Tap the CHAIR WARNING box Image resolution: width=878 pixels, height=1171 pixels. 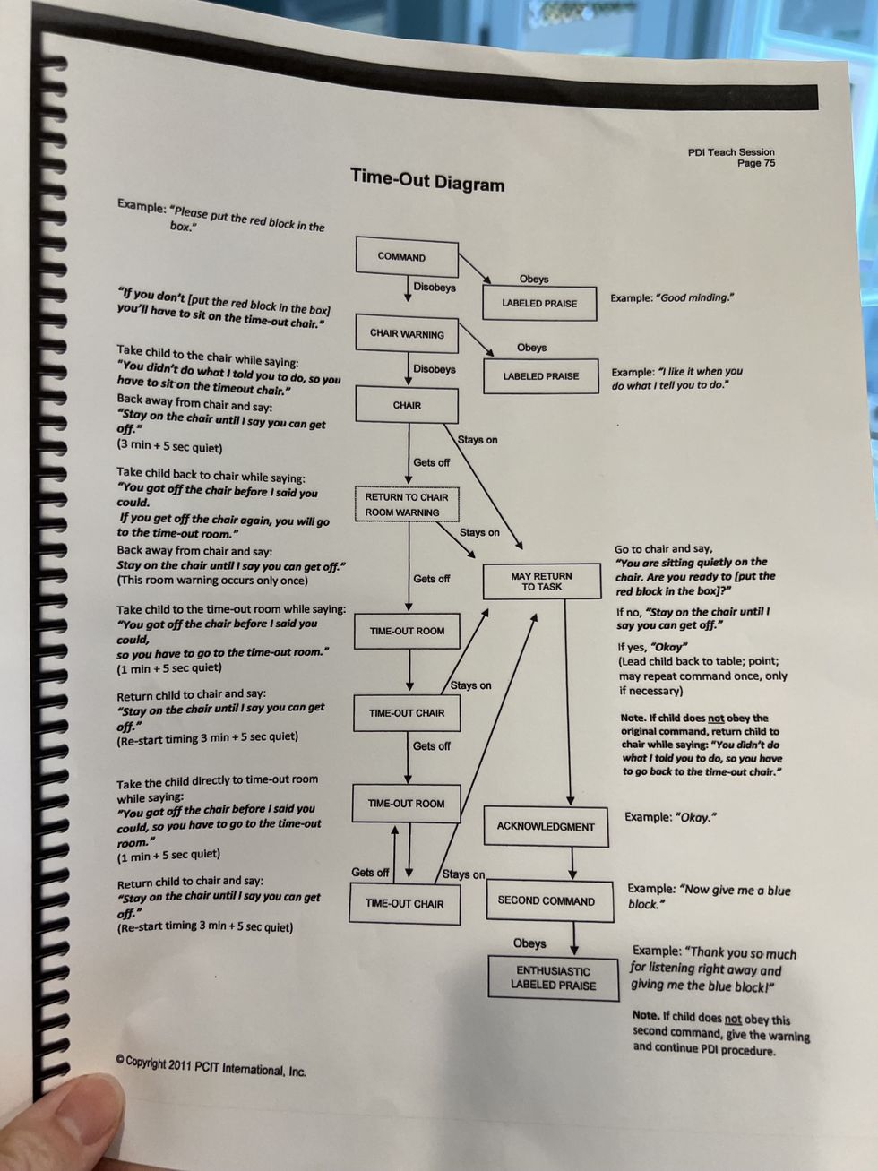coord(407,334)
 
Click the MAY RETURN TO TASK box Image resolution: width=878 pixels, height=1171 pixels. coord(541,581)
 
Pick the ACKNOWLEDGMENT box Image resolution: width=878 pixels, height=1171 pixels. coord(546,826)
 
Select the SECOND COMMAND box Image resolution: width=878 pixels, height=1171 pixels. coord(546,901)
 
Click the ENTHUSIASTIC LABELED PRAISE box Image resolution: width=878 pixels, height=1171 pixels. coord(553,977)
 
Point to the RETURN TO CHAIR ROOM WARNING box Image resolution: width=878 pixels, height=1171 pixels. coord(407,504)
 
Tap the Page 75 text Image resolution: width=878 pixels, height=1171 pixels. coord(756,163)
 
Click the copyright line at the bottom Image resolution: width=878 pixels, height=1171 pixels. coord(211,1066)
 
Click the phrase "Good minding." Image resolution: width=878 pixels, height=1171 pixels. coord(695,297)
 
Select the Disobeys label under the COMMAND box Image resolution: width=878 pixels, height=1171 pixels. coord(435,288)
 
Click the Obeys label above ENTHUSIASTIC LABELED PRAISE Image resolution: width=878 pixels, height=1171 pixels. coord(529,943)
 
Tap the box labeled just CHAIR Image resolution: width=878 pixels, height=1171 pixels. coord(407,405)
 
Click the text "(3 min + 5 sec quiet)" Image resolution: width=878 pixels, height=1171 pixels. coord(169,446)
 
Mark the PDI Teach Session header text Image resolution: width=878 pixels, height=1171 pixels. coord(731,152)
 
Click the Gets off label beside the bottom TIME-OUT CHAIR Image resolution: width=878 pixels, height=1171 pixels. coord(370,873)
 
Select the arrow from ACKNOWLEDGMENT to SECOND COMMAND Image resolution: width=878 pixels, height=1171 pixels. coord(572,864)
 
